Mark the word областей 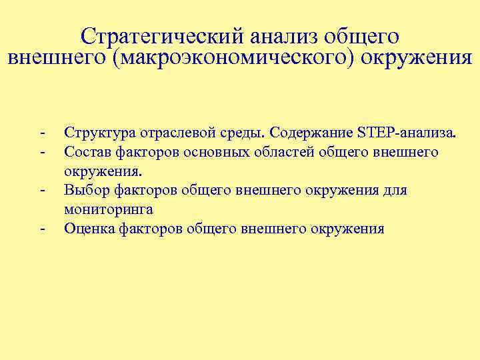click(283, 153)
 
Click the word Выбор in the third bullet click(84, 191)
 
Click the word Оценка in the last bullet click(87, 229)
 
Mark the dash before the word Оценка click(41, 229)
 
